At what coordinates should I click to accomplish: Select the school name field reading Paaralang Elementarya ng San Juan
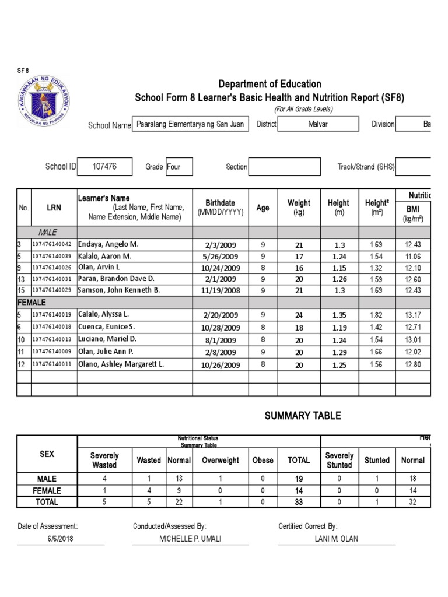click(191, 124)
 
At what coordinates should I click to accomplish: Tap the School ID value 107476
click(104, 166)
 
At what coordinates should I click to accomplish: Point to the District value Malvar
click(317, 124)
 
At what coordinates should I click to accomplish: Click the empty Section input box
click(284, 166)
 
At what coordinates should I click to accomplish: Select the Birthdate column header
click(220, 207)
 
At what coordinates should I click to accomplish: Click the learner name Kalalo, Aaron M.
click(104, 256)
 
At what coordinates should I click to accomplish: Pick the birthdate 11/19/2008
click(220, 290)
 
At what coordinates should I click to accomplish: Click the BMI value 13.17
click(412, 315)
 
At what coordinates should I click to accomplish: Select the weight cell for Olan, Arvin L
click(299, 268)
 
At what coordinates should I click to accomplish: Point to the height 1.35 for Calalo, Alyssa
click(339, 315)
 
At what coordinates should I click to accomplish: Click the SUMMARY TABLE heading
click(302, 416)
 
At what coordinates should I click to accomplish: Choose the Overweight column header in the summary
click(220, 460)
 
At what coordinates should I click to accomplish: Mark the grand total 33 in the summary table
click(299, 502)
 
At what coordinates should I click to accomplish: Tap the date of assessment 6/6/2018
click(61, 539)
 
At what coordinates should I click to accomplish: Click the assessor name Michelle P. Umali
click(190, 539)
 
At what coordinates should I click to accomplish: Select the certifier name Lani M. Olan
click(336, 539)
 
